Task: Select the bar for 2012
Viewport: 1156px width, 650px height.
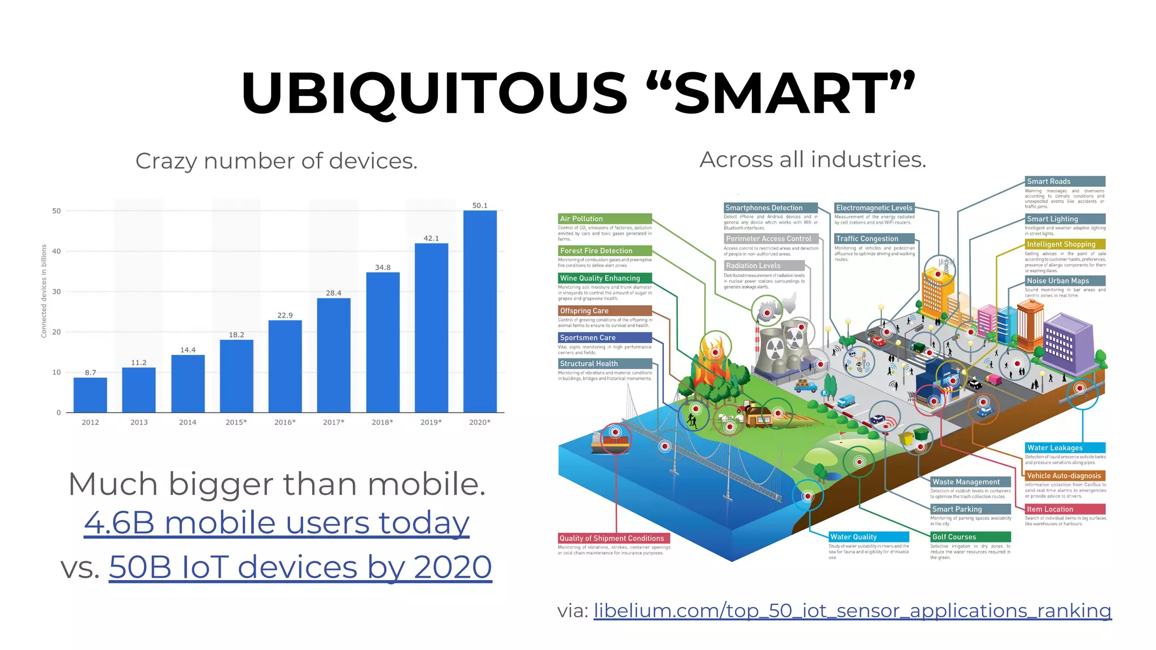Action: point(90,395)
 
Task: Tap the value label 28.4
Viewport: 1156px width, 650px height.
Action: point(334,293)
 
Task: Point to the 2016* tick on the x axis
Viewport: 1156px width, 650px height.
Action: point(285,422)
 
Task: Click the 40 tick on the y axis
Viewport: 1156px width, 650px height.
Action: point(56,251)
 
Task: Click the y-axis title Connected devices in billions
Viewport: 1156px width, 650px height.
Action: point(43,291)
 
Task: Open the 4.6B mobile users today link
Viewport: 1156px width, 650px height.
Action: point(277,522)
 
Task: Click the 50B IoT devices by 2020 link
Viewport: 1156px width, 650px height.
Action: point(300,566)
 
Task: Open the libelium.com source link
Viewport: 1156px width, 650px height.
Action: point(852,611)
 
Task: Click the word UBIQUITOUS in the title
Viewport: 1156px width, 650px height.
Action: point(433,93)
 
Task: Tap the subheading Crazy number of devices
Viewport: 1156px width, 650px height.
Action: point(277,161)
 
